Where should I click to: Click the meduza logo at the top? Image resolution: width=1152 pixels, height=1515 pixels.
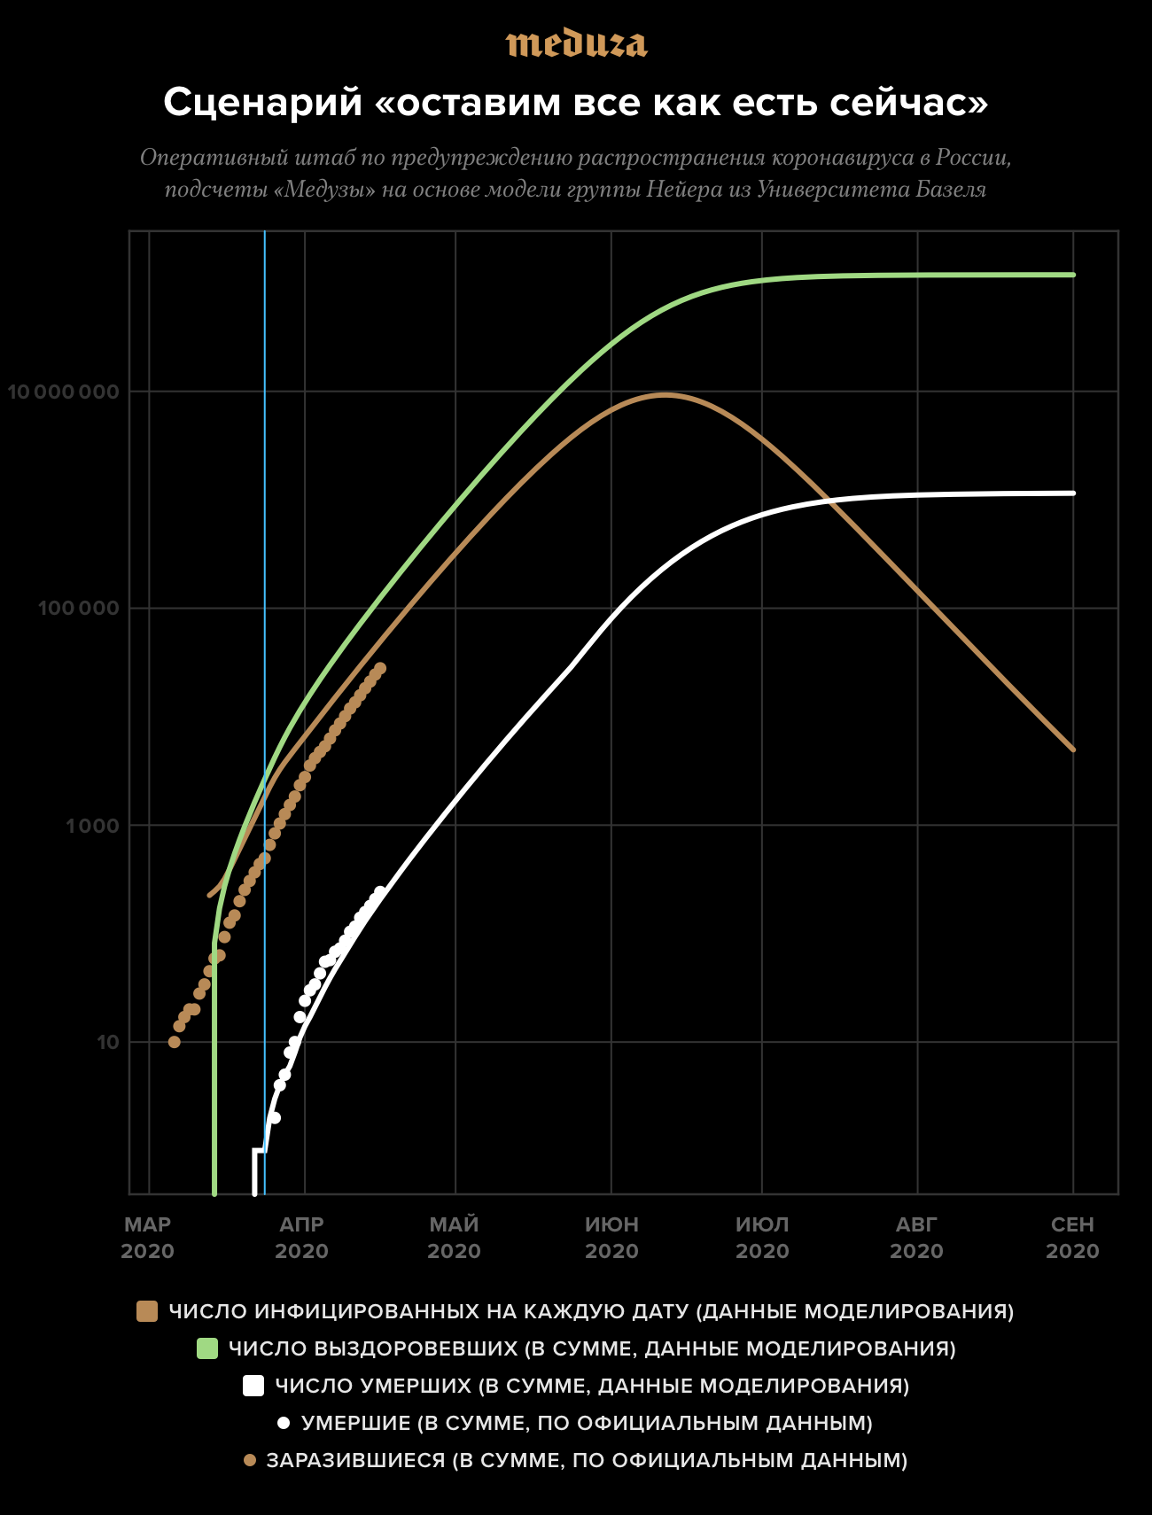point(576,43)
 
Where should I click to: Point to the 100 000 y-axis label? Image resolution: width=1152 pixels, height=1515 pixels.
point(78,609)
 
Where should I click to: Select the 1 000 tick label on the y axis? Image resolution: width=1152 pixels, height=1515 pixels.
point(92,826)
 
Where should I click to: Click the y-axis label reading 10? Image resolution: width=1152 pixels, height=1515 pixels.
point(107,1042)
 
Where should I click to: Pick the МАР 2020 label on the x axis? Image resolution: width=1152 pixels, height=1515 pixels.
point(148,1238)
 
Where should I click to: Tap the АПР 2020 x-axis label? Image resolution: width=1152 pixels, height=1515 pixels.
point(302,1238)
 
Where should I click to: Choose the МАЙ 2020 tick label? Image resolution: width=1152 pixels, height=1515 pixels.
point(455,1238)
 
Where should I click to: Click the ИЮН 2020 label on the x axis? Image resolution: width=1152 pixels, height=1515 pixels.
point(611,1238)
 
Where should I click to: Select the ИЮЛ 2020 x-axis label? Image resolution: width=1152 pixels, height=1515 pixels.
point(762,1238)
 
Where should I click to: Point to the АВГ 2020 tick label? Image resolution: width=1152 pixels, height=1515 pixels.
point(916,1238)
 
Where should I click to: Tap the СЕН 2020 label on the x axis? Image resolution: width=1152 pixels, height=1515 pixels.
point(1072,1238)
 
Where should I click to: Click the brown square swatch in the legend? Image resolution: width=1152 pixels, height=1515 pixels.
point(147,1311)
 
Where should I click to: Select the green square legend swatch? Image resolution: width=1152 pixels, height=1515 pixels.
point(206,1348)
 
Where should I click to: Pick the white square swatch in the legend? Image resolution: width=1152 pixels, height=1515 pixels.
point(253,1386)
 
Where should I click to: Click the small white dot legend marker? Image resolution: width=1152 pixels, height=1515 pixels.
point(284,1423)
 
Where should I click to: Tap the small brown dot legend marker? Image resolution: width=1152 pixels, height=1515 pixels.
point(249,1460)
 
